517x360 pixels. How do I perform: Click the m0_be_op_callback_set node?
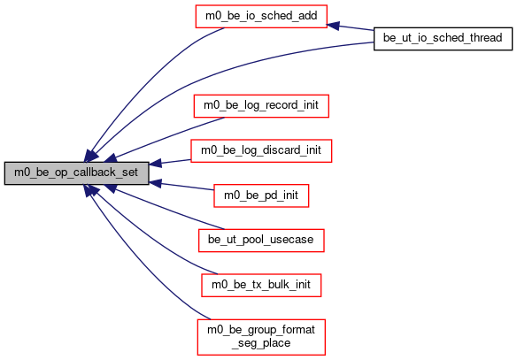pyautogui.click(x=76, y=172)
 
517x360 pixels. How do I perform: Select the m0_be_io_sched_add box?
pyautogui.click(x=261, y=16)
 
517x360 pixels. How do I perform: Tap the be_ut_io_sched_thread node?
pyautogui.click(x=443, y=39)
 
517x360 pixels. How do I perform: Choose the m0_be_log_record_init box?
pyautogui.click(x=261, y=106)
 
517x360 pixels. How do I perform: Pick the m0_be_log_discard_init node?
pyautogui.click(x=261, y=150)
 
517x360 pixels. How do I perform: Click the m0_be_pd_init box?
pyautogui.click(x=261, y=195)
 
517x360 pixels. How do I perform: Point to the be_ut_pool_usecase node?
pyautogui.click(x=261, y=241)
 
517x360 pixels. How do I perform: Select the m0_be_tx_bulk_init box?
pyautogui.click(x=261, y=285)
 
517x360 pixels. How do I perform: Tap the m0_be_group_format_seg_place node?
pyautogui.click(x=261, y=337)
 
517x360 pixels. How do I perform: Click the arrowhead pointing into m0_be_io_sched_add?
pyautogui.click(x=333, y=26)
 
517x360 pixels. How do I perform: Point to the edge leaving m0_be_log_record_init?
pyautogui.click(x=165, y=138)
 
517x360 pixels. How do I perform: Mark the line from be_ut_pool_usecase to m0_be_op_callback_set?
pyautogui.click(x=165, y=208)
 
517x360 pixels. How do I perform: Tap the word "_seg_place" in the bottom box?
pyautogui.click(x=261, y=343)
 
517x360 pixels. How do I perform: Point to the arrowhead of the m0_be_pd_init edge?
pyautogui.click(x=155, y=183)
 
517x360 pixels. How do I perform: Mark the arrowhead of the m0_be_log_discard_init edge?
pyautogui.click(x=155, y=163)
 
